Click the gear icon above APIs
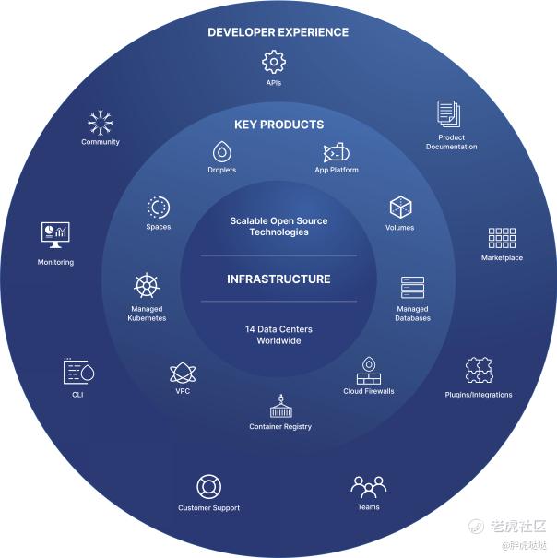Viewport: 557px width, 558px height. [274, 63]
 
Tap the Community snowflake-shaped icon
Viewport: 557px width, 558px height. [101, 123]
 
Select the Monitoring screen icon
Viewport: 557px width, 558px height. [55, 235]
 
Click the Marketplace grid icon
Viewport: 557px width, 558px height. [502, 238]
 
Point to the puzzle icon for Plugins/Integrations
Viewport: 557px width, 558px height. [479, 370]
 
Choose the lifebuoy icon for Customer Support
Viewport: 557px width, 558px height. [209, 486]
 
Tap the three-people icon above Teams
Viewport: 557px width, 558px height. [368, 487]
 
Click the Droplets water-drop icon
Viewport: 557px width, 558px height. [222, 152]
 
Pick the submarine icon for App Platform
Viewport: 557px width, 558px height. [337, 152]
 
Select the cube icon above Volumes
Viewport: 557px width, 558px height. [401, 207]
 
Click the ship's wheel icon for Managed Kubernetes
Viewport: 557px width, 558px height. [147, 285]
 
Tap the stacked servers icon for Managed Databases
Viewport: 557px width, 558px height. [412, 288]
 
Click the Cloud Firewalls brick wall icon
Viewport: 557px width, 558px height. [369, 371]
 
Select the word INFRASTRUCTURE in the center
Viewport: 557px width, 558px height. [278, 279]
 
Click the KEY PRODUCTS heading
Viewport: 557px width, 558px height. [279, 125]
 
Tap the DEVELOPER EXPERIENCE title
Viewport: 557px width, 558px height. [278, 32]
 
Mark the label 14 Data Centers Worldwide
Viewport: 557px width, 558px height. [278, 335]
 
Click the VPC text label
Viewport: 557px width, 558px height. [183, 391]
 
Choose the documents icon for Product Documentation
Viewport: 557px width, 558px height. [449, 113]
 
